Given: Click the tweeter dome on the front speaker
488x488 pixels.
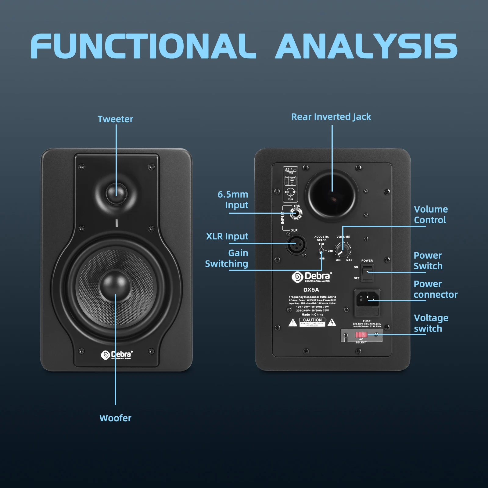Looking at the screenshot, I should tap(116, 193).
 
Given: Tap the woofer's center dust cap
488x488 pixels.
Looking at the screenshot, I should tap(115, 285).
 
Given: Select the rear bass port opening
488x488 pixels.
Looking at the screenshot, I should tap(332, 196).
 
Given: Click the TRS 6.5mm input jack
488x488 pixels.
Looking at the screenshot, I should tap(295, 213).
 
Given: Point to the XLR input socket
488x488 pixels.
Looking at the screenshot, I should tap(296, 245).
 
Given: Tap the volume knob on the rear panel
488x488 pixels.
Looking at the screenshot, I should tap(343, 249).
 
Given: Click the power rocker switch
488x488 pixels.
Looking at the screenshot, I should tap(368, 272).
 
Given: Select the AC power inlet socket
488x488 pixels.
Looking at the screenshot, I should tap(368, 299).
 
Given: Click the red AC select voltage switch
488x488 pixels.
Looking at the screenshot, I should tap(361, 335).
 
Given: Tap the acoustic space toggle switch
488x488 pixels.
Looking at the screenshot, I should tap(321, 251).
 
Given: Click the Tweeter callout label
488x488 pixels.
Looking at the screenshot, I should tap(115, 119).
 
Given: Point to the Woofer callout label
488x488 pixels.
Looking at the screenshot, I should tap(115, 418).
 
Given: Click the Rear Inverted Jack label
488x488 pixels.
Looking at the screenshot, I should tap(331, 117).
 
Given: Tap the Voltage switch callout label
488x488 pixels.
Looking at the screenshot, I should tap(431, 323).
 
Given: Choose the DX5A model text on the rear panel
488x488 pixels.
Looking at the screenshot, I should tap(311, 290).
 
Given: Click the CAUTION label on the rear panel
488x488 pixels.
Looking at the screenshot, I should tap(312, 320).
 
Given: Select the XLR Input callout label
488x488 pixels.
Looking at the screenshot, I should tap(227, 236).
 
